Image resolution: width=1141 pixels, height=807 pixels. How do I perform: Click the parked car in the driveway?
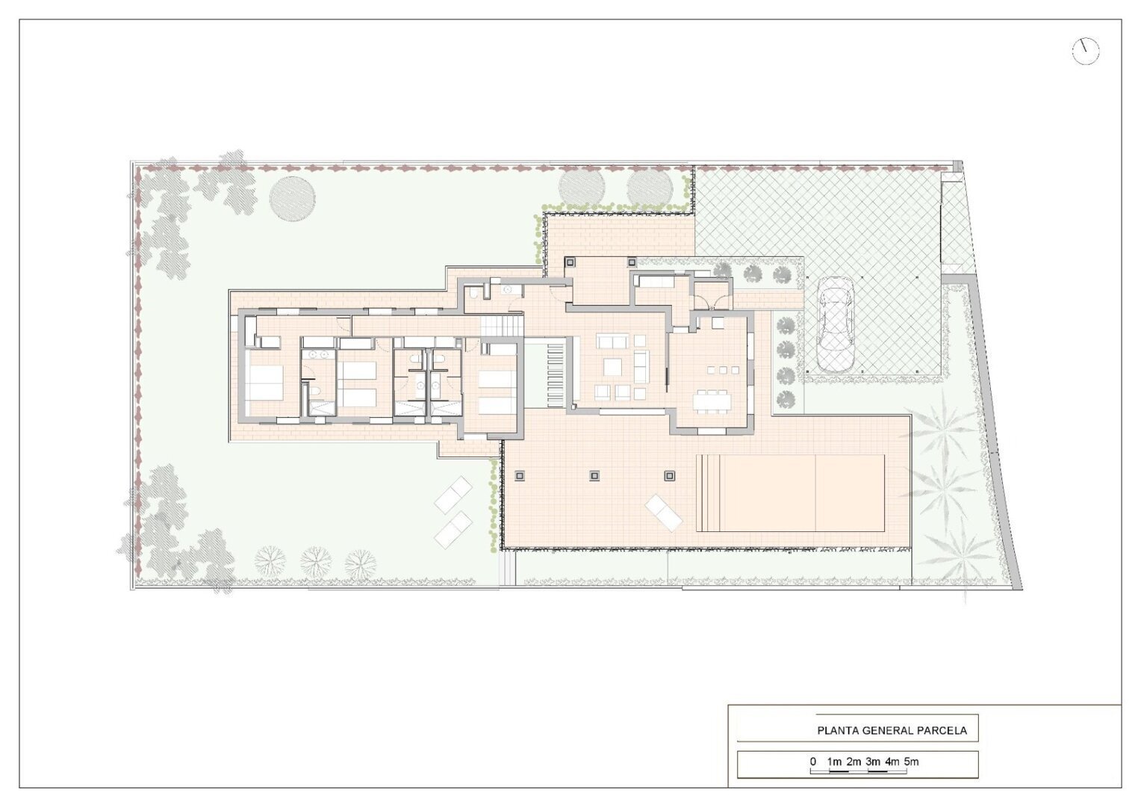(835, 325)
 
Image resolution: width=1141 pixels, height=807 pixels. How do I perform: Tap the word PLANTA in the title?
(835, 730)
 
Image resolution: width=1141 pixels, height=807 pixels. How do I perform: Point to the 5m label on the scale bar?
(911, 761)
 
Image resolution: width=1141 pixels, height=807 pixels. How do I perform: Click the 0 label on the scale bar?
(813, 761)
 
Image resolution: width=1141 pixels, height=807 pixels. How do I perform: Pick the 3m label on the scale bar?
(873, 761)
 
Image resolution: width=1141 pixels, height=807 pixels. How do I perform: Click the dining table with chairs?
(712, 401)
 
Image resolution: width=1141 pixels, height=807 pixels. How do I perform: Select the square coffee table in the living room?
(612, 367)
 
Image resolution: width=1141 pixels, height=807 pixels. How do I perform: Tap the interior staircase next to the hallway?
(503, 325)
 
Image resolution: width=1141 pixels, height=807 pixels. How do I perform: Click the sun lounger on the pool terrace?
(663, 513)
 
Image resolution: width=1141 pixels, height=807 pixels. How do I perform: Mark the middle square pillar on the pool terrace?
(594, 476)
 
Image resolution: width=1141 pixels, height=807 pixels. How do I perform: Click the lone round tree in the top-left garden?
(293, 199)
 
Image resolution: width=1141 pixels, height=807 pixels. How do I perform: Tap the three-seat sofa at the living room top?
(612, 341)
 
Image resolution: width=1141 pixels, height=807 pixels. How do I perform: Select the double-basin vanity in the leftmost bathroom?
(317, 354)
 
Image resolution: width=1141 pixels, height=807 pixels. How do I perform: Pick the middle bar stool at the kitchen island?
(723, 370)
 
